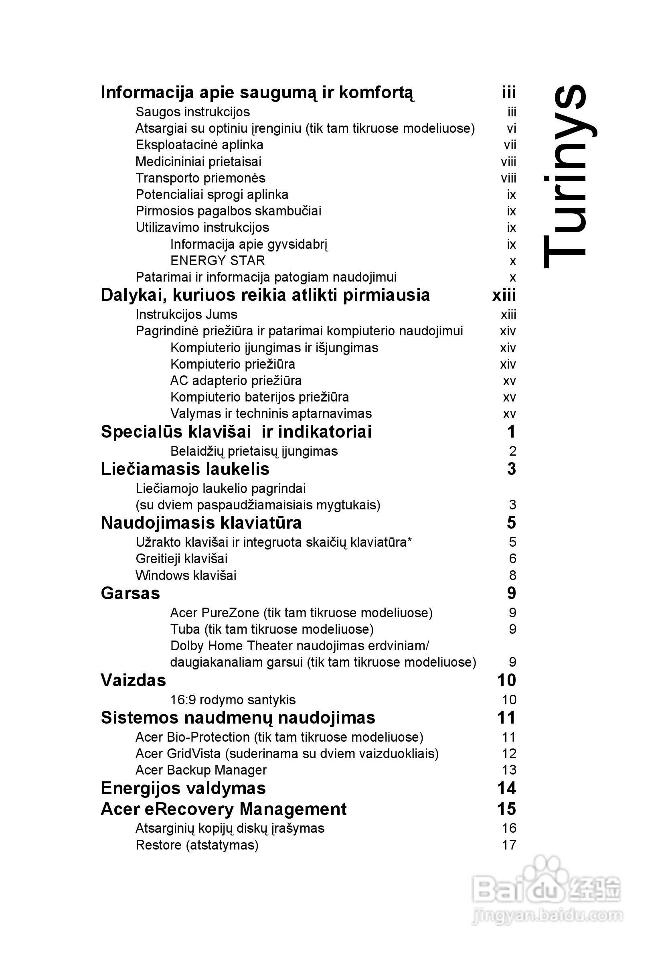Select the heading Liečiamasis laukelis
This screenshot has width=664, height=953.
tap(185, 469)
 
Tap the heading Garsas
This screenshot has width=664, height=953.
tap(130, 593)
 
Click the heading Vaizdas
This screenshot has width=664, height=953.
tap(133, 680)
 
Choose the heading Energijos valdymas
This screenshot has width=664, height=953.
tap(183, 788)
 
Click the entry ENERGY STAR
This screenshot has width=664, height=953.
tap(217, 261)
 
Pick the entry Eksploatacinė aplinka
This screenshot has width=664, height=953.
tap(199, 145)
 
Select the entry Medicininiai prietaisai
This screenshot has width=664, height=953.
tap(198, 162)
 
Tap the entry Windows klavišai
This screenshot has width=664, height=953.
tap(186, 575)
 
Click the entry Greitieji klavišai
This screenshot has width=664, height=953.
tap(181, 559)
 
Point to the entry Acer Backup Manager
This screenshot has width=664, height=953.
tap(201, 770)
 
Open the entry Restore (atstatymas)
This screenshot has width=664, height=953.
tap(197, 845)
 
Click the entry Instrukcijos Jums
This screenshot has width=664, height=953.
tap(186, 314)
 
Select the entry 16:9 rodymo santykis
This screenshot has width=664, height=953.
tap(233, 700)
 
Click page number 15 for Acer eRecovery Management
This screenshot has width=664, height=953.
tap(506, 809)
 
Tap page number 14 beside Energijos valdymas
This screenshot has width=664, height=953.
tap(506, 788)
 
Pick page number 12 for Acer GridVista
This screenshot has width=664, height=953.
tap(509, 753)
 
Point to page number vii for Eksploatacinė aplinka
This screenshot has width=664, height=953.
tap(510, 145)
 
